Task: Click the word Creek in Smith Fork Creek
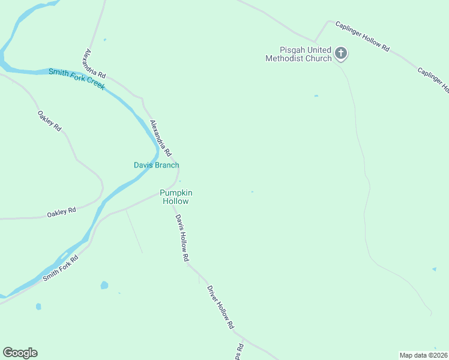(92, 83)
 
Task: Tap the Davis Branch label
(156, 165)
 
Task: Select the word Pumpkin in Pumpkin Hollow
(176, 193)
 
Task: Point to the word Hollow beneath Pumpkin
(176, 202)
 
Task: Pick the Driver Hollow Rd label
(220, 307)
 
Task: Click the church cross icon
(341, 54)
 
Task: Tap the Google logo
(20, 353)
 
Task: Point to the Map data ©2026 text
(424, 355)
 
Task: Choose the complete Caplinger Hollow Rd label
(363, 36)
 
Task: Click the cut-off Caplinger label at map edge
(434, 80)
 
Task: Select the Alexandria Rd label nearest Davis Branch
(161, 138)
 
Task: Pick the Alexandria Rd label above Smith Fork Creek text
(95, 64)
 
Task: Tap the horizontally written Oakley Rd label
(61, 212)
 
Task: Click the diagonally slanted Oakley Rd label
(49, 121)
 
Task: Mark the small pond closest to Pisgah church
(316, 95)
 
